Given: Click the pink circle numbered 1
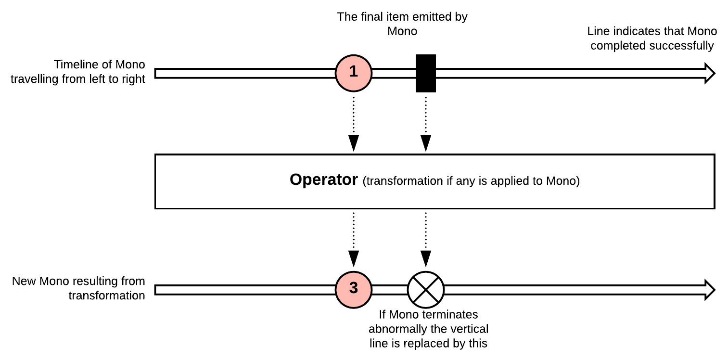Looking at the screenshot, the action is click(x=354, y=73).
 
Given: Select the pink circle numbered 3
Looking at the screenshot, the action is click(x=354, y=289).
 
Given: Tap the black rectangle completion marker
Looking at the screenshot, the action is click(x=426, y=73).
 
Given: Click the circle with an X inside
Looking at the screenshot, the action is click(x=426, y=289).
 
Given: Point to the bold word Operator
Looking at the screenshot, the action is click(x=324, y=180).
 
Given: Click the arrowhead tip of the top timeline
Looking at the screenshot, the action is click(x=715, y=73).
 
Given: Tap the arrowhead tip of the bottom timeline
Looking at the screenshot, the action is click(x=715, y=289).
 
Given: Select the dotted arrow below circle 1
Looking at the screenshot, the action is click(x=354, y=124).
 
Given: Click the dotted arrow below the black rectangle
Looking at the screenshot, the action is click(x=426, y=124).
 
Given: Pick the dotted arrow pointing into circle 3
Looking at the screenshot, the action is click(x=354, y=240).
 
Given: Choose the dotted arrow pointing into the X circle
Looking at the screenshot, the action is click(x=426, y=240).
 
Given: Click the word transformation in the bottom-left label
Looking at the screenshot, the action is click(x=107, y=296).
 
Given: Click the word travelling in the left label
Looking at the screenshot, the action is click(x=35, y=79).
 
